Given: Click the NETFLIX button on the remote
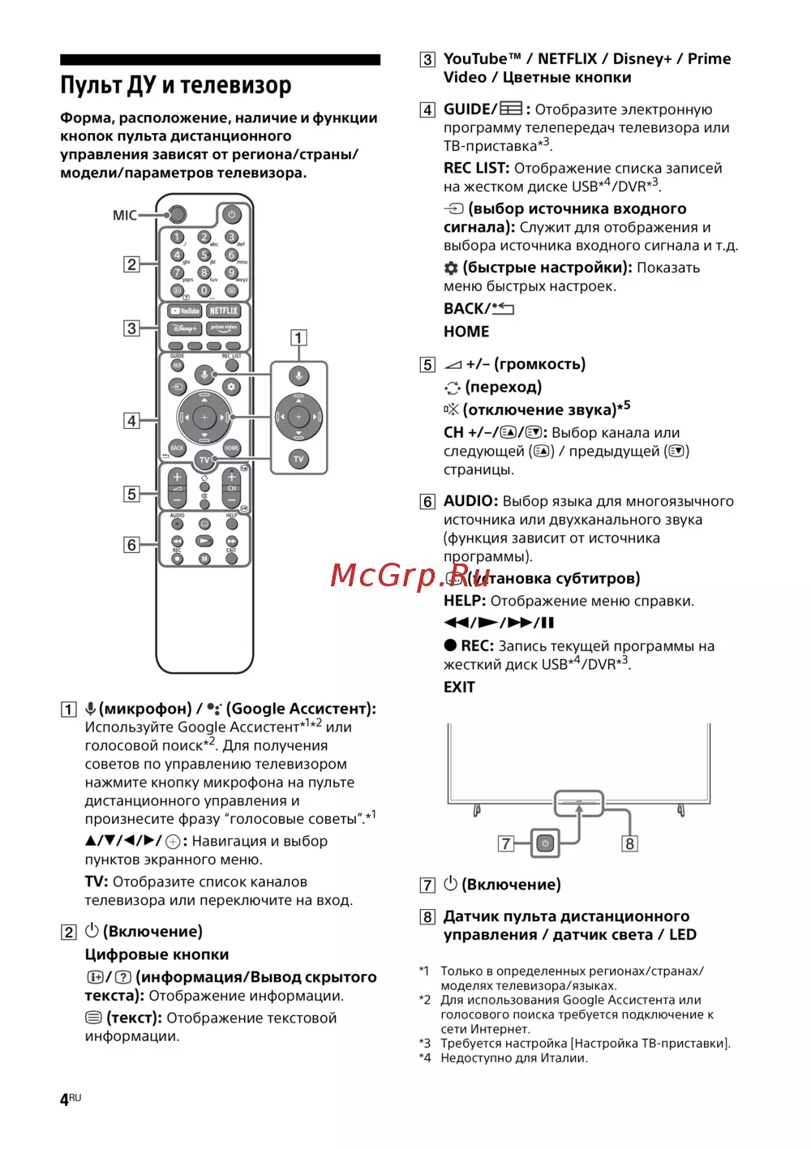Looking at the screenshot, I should [224, 311].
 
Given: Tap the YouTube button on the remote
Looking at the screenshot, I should [185, 311].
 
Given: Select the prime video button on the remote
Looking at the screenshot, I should [224, 328].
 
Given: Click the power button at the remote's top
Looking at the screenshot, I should [231, 215].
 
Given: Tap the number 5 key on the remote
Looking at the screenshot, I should [204, 255].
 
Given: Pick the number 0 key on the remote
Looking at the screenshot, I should [204, 290].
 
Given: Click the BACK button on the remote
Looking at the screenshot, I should [177, 448].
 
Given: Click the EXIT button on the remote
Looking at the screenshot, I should [232, 558].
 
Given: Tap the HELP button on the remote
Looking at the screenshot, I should [232, 524].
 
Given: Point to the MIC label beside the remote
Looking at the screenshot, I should [124, 216].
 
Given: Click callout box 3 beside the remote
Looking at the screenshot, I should [131, 328].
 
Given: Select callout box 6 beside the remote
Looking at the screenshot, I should [131, 545].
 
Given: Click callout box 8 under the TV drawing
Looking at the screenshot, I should [629, 844].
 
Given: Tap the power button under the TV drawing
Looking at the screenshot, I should [545, 843].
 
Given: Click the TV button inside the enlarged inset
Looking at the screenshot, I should [298, 459].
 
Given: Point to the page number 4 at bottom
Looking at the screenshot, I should [65, 1100].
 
